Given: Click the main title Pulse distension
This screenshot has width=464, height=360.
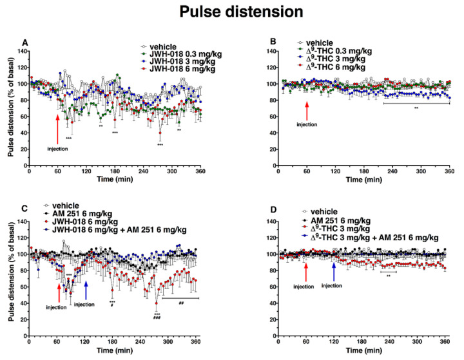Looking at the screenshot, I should [231, 12].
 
